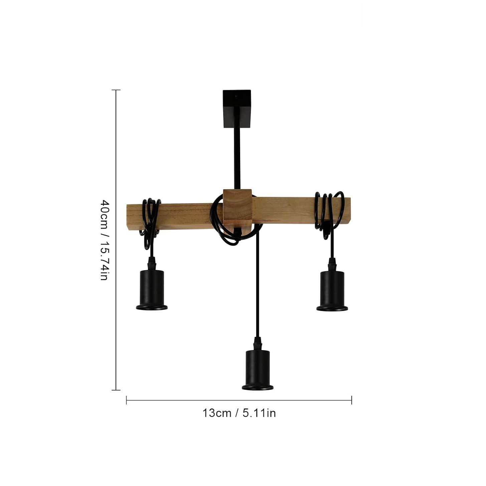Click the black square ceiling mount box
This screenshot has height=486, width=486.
click(236, 109)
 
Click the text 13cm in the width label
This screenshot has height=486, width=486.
click(217, 413)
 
